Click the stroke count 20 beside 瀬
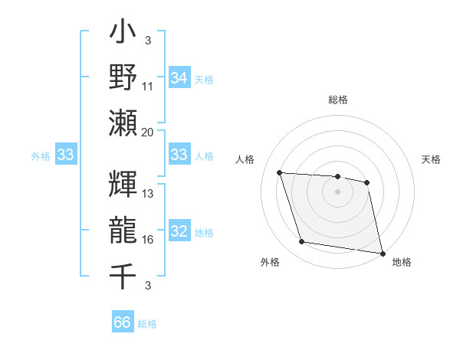pyautogui.click(x=148, y=132)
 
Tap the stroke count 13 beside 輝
pyautogui.click(x=148, y=194)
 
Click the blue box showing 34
pyautogui.click(x=179, y=77)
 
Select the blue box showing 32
pyautogui.click(x=179, y=232)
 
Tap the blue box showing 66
pyautogui.click(x=123, y=322)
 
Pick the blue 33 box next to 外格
pyautogui.click(x=66, y=155)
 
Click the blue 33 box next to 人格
pyautogui.click(x=179, y=155)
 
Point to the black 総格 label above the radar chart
pyautogui.click(x=337, y=100)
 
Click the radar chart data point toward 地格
pyautogui.click(x=382, y=253)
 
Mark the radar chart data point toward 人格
pyautogui.click(x=280, y=173)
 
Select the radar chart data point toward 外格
pyautogui.click(x=302, y=242)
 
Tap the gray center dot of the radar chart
pyautogui.click(x=337, y=191)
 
